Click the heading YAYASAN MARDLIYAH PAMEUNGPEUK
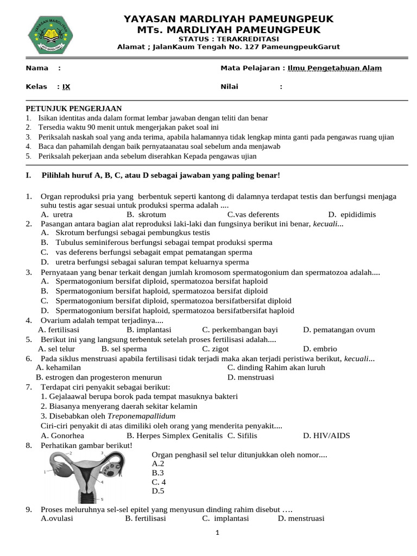pyautogui.click(x=229, y=20)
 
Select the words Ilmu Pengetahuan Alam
pyautogui.click(x=334, y=68)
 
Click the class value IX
pyautogui.click(x=66, y=87)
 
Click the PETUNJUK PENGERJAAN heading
pyautogui.click(x=74, y=109)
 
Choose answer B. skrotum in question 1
pyautogui.click(x=146, y=214)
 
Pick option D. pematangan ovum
pyautogui.click(x=339, y=330)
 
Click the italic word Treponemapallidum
pyautogui.click(x=130, y=416)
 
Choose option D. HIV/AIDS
pyautogui.click(x=327, y=435)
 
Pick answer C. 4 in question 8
pyautogui.click(x=159, y=482)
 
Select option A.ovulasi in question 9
pyautogui.click(x=57, y=519)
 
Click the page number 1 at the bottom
pyautogui.click(x=217, y=533)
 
